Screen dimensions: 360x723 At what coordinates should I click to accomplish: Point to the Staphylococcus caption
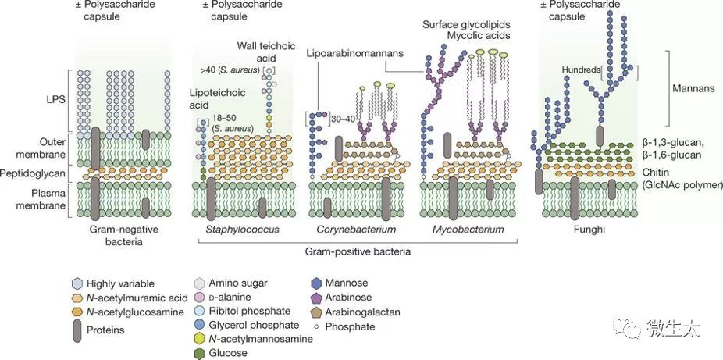pos(242,230)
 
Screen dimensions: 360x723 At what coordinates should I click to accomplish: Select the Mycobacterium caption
pos(468,230)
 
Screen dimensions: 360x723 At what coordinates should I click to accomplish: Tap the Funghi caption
pos(590,230)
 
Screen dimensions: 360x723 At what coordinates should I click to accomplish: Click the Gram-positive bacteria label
pos(358,252)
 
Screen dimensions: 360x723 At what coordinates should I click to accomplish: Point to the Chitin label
pos(659,173)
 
